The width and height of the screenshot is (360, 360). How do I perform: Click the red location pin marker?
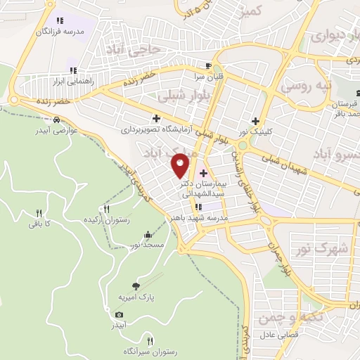coord(181,165)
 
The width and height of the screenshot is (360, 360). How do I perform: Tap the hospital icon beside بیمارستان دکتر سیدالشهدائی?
coord(204,173)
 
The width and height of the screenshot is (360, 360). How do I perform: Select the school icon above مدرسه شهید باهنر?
coord(199,207)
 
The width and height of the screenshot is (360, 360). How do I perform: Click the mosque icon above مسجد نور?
coord(148,235)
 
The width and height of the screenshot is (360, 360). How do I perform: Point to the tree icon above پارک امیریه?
coord(136,285)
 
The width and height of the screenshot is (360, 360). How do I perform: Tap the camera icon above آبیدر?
coord(120,314)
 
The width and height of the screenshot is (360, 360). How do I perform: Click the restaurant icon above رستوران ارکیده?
coord(107,209)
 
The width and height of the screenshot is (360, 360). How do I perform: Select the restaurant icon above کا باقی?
coord(39,213)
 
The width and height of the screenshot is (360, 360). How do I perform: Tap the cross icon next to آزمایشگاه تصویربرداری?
coord(156,118)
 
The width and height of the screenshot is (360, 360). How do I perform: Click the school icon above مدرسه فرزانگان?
coord(59,20)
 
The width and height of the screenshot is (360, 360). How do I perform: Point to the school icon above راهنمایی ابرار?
coord(72,70)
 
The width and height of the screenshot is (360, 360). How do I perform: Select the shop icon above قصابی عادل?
coord(281,325)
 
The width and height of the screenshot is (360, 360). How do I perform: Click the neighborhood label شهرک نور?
coord(329,248)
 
